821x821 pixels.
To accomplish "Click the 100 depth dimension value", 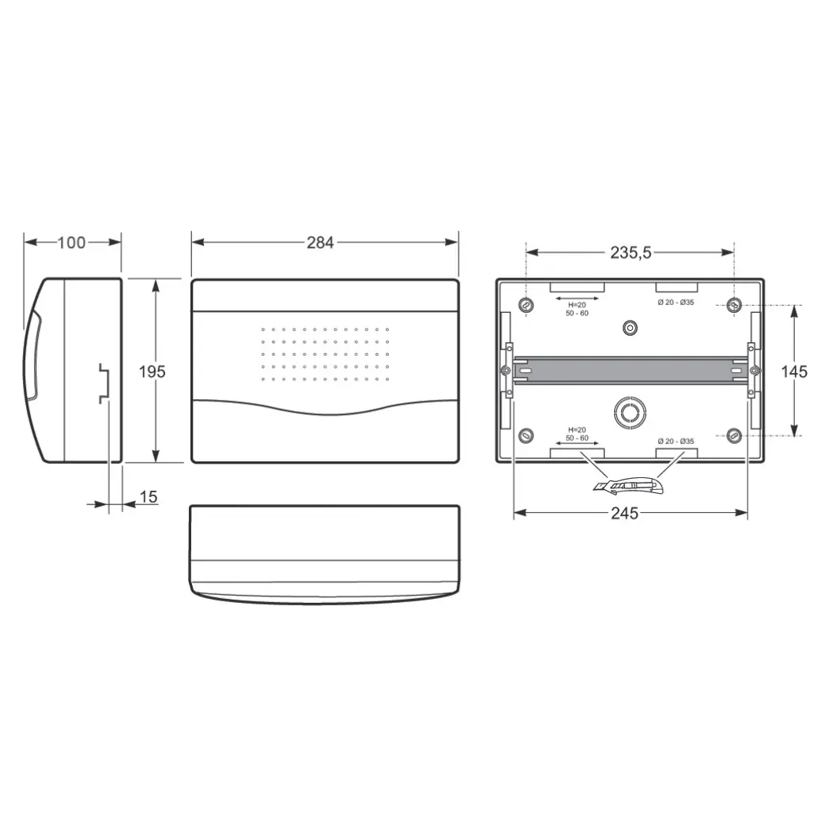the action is pyautogui.click(x=71, y=243).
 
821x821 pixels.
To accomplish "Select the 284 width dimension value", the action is pyautogui.click(x=320, y=243).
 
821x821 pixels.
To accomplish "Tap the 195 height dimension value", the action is pyautogui.click(x=152, y=371).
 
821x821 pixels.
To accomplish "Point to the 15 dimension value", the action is pyautogui.click(x=149, y=496).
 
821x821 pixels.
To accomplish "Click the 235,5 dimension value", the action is pyautogui.click(x=631, y=252).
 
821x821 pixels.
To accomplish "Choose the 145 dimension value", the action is pyautogui.click(x=794, y=371).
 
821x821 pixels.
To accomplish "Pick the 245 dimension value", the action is pyautogui.click(x=625, y=513).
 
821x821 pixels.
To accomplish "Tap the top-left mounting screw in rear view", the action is pyautogui.click(x=525, y=305).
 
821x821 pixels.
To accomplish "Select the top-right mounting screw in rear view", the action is pyautogui.click(x=735, y=304).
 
